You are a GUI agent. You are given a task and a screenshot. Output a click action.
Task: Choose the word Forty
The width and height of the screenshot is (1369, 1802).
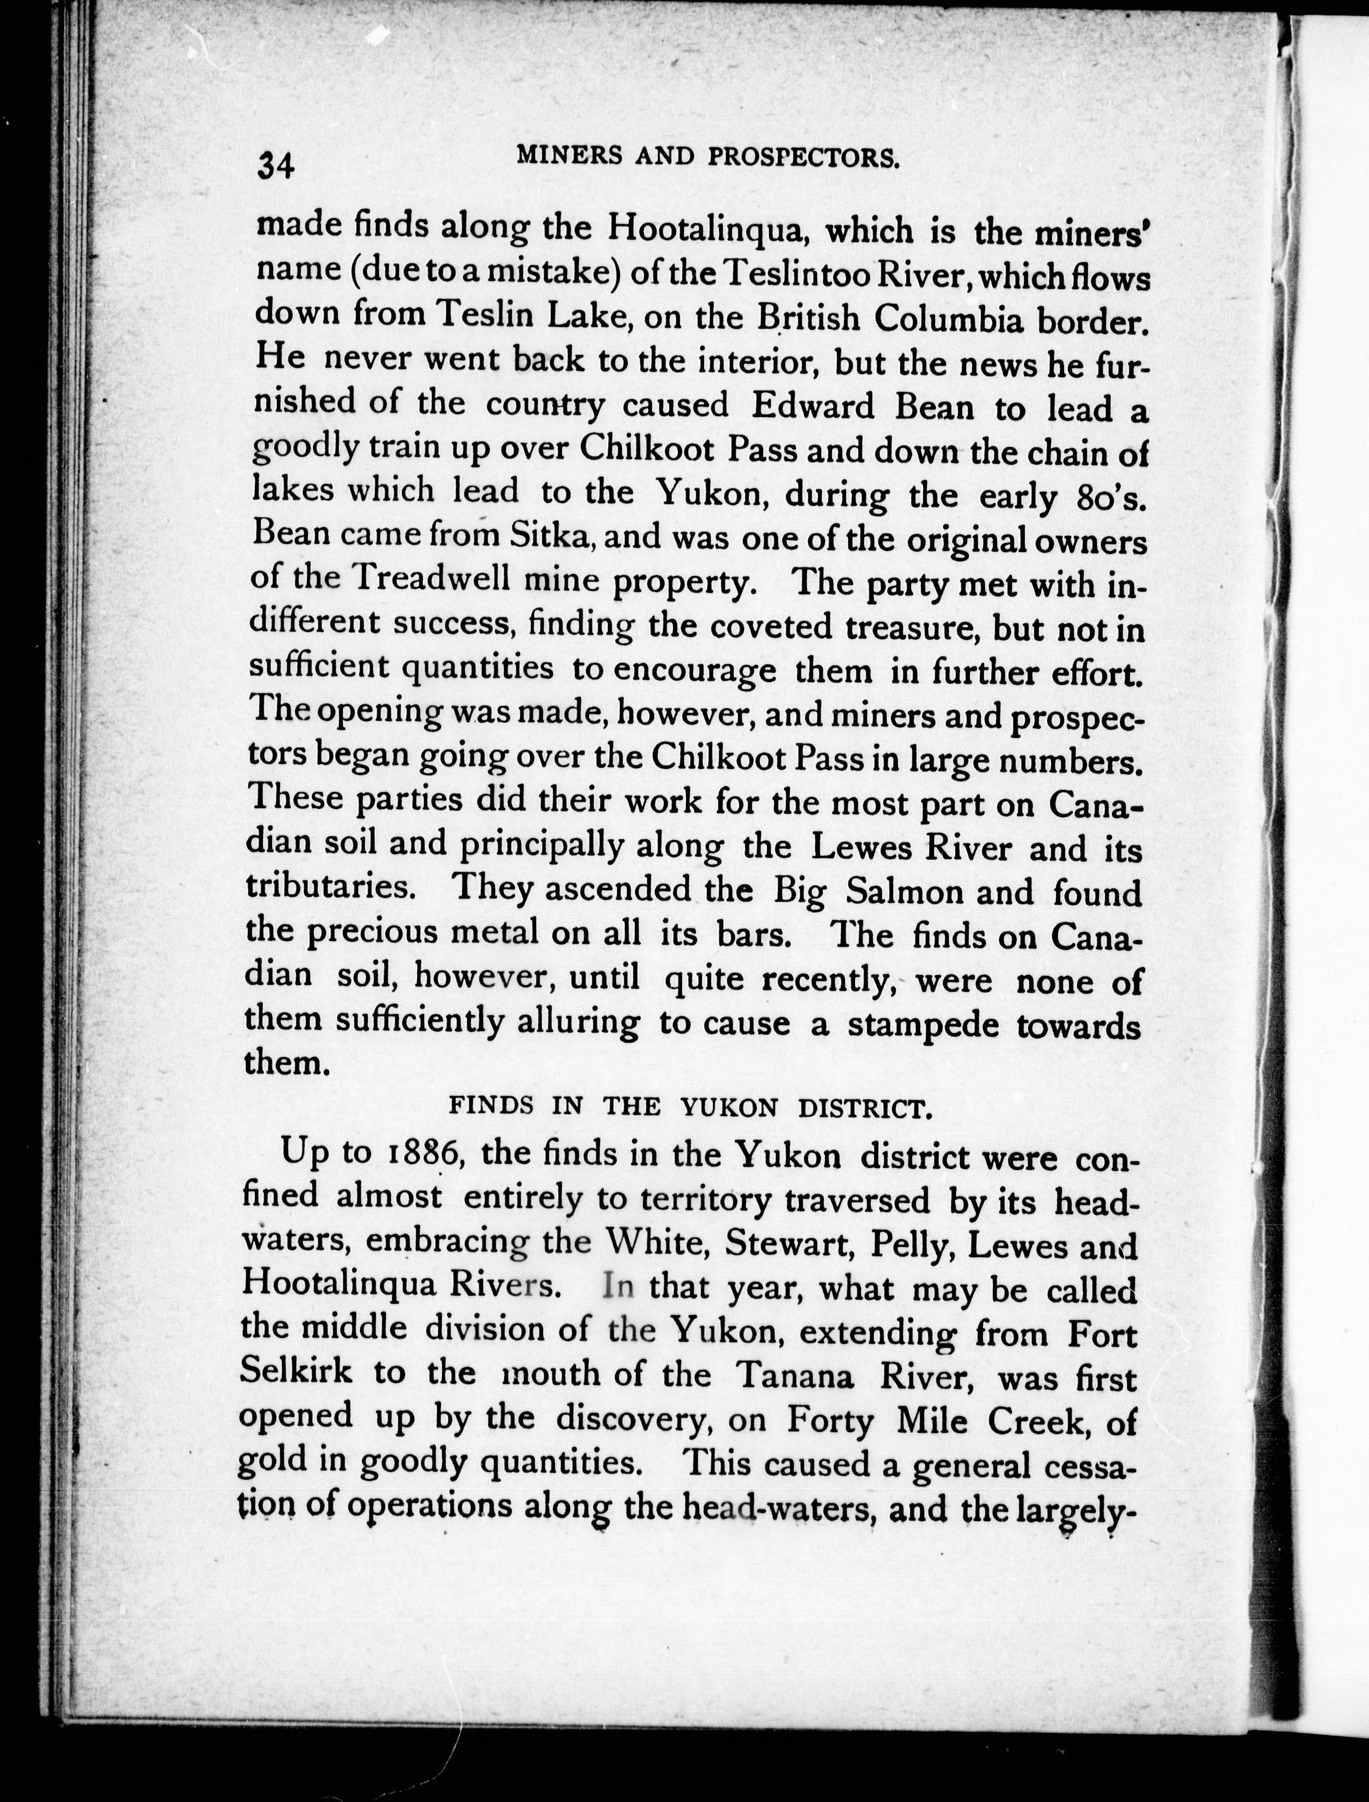829,1420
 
